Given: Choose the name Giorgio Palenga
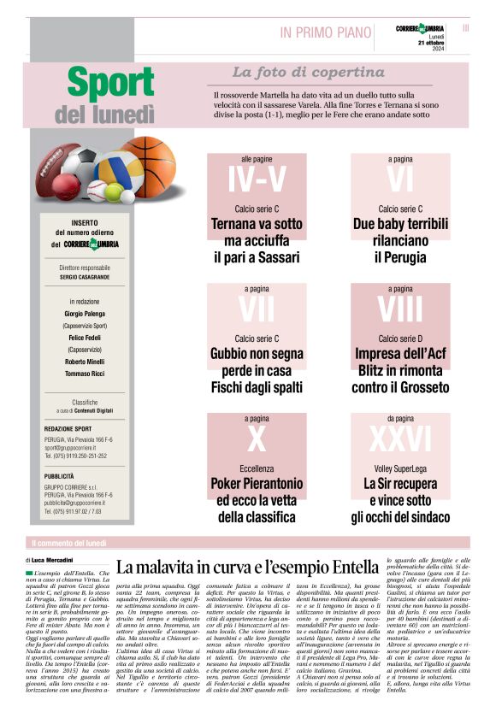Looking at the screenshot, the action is pyautogui.click(x=86, y=315).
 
